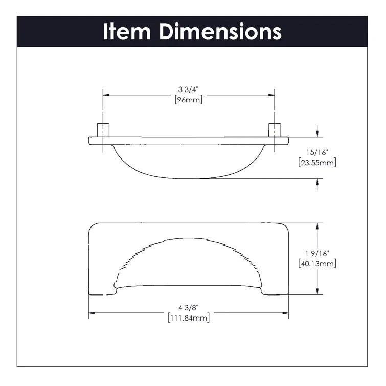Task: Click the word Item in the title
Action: tap(128, 32)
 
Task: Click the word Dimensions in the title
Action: tap(220, 32)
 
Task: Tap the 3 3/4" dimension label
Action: tap(189, 89)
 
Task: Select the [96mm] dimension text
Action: tap(189, 100)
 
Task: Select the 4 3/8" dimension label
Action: tap(188, 308)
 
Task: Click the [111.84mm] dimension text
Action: tap(188, 318)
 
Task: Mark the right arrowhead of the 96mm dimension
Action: tap(271, 95)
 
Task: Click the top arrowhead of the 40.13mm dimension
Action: tap(319, 226)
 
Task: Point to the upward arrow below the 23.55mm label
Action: tap(319, 182)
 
